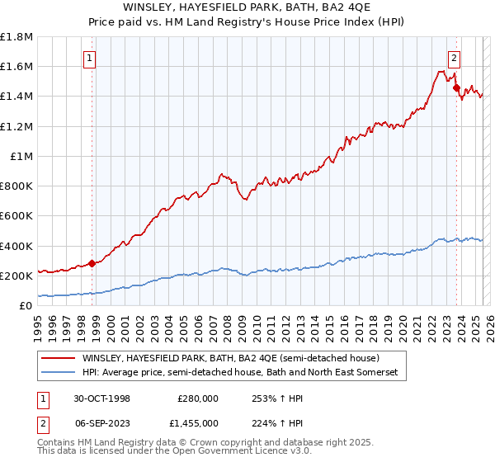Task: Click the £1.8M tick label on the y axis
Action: (x=16, y=37)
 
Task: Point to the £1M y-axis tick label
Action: (x=21, y=156)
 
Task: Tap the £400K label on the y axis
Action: (x=16, y=246)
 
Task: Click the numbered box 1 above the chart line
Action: (x=88, y=58)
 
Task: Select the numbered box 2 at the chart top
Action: (x=454, y=58)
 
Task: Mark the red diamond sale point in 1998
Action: (x=92, y=264)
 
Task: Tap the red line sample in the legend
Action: (x=58, y=359)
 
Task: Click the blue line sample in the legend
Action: (x=58, y=373)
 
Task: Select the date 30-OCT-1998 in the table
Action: (x=102, y=398)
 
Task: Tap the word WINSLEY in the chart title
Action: (x=150, y=7)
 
